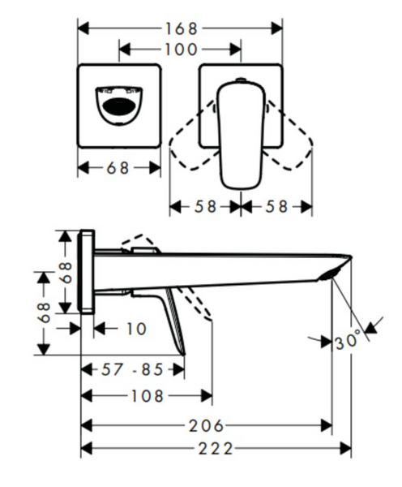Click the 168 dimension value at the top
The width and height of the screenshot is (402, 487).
pyautogui.click(x=181, y=28)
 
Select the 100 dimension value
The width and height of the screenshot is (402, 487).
pyautogui.click(x=181, y=50)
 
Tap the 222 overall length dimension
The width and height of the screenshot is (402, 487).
pyautogui.click(x=216, y=449)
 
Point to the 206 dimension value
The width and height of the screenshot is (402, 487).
pyautogui.click(x=207, y=425)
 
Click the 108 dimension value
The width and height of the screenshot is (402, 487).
pyautogui.click(x=148, y=396)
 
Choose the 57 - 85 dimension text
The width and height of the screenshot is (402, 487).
pyautogui.click(x=132, y=369)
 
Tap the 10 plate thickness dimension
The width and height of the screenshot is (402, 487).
pyautogui.click(x=136, y=329)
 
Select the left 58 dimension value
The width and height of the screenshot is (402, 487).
pyautogui.click(x=205, y=206)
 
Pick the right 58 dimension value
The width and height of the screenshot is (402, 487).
pyautogui.click(x=276, y=206)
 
